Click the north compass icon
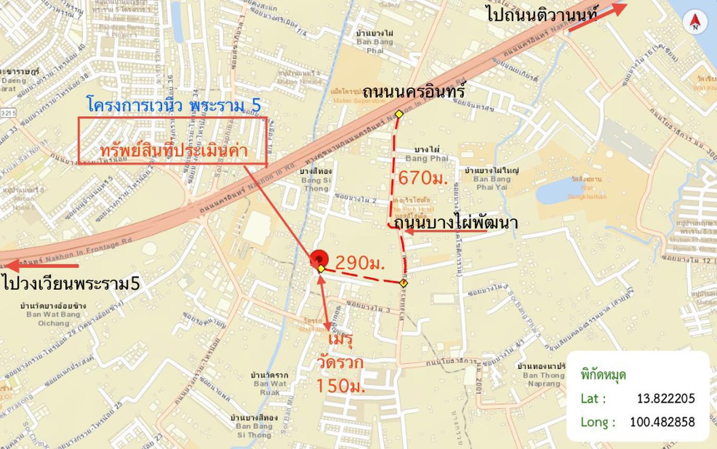point(695,21)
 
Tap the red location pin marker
point(319,259)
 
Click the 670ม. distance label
point(423,178)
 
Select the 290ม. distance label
point(360,263)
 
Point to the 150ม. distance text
point(340,386)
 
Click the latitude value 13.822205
point(666,398)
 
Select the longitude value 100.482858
point(662,422)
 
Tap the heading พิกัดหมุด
point(603,375)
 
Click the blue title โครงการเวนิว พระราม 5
point(174,105)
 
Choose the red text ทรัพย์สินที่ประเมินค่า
point(173,151)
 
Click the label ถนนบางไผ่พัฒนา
point(456,223)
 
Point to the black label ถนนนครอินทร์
point(413,92)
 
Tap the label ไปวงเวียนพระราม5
point(71,283)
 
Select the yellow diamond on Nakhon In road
point(399,114)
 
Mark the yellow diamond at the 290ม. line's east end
point(403,283)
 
